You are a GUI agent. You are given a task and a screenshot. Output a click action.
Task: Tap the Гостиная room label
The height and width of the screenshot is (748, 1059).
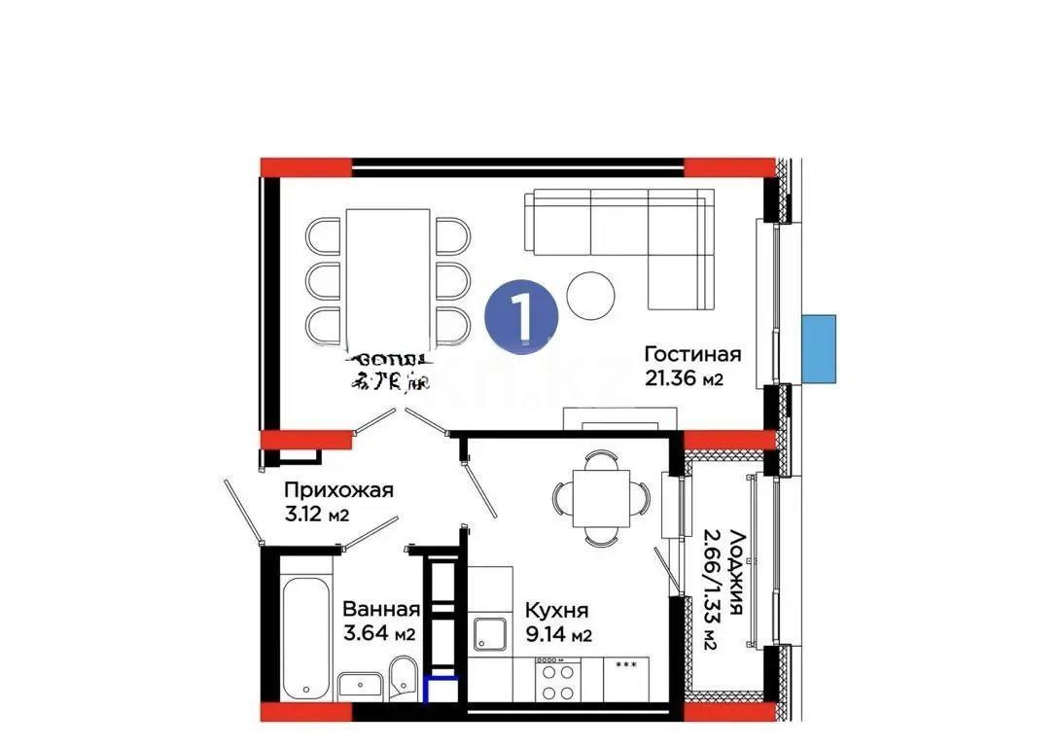[692, 354]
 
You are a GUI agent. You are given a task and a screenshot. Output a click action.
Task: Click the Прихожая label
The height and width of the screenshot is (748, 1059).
[338, 489]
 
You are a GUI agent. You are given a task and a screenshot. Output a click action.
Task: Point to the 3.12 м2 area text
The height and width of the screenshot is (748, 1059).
[316, 513]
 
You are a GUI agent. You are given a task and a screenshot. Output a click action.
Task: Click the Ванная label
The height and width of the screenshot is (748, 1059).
[380, 610]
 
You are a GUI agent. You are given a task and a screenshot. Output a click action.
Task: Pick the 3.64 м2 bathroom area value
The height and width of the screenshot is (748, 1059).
[378, 635]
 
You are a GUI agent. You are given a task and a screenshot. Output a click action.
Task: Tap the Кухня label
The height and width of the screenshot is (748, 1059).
[556, 610]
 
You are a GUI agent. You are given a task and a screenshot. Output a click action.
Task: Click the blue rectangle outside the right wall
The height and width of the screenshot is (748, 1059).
[819, 347]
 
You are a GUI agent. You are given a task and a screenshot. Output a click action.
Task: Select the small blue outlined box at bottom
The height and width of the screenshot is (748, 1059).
[441, 689]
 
